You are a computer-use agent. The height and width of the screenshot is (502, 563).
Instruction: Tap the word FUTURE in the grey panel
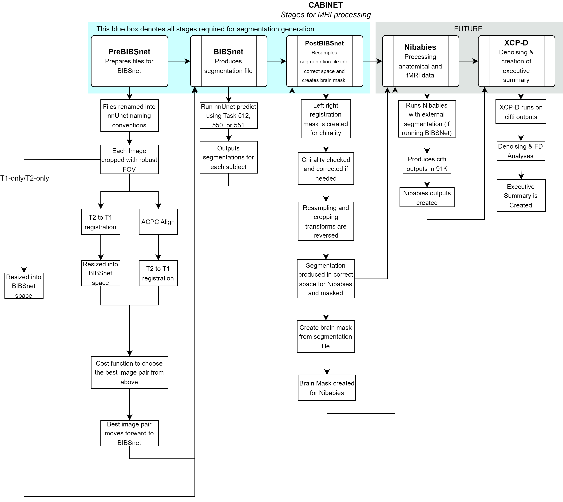468,29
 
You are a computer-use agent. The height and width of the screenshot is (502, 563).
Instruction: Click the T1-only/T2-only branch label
24,178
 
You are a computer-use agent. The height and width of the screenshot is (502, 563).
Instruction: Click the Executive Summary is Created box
521,196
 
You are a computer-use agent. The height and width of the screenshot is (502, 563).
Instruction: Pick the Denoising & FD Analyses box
521,151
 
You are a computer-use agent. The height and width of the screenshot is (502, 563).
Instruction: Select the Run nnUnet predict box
228,116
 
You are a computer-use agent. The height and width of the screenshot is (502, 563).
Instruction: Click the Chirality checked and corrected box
326,169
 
